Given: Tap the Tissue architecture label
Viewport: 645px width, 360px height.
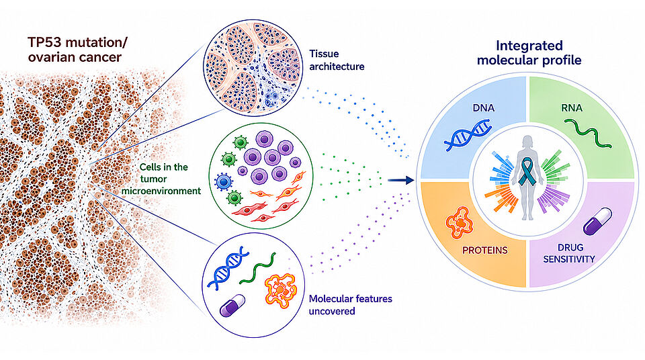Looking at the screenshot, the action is (x=337, y=60).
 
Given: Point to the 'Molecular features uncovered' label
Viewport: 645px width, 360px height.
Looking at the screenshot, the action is (x=351, y=305).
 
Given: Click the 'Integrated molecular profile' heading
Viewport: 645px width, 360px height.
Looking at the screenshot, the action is (x=529, y=52).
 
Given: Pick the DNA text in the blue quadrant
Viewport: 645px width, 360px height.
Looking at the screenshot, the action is (x=483, y=107).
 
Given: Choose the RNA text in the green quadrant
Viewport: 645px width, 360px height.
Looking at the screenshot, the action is (x=571, y=107).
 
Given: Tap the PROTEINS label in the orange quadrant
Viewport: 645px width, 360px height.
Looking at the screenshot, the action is (x=484, y=250).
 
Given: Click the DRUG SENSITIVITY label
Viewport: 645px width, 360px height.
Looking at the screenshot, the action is (x=569, y=253).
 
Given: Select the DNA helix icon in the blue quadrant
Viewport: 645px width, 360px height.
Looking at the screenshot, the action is (x=468, y=135).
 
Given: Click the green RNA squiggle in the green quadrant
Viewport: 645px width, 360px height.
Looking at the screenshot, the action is (x=587, y=133).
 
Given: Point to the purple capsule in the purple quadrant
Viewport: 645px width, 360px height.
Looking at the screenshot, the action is (x=597, y=222).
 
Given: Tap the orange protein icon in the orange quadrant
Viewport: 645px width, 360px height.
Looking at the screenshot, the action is (x=459, y=222).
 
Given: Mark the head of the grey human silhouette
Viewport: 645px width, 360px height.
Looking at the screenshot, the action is (x=528, y=142).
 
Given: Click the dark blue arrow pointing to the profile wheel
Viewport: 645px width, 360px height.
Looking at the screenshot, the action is (x=400, y=180).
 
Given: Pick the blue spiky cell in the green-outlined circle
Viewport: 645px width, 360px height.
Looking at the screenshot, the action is (x=223, y=181).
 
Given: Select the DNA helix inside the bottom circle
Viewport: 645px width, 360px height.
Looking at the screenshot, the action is (x=228, y=268).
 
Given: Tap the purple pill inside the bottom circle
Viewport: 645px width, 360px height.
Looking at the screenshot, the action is (x=232, y=306).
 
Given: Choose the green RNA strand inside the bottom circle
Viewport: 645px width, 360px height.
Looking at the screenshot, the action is (x=257, y=268).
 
